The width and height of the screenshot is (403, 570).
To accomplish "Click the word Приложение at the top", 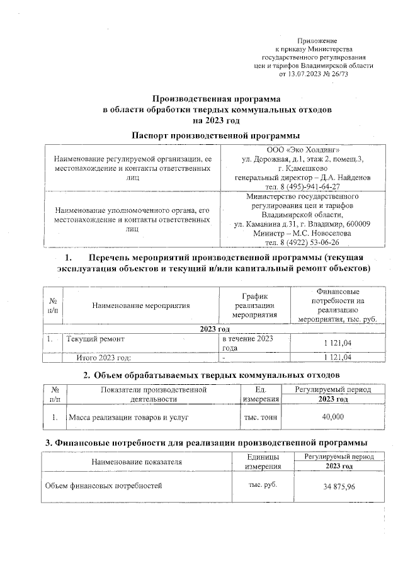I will coord(320,40).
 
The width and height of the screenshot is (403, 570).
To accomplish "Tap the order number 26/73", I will coord(338,73).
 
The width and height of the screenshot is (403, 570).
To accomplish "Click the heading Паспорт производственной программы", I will coord(215,135).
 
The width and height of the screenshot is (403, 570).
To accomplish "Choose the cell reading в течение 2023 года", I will coord(247,344).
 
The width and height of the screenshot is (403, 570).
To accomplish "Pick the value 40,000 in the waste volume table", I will coord(332,417).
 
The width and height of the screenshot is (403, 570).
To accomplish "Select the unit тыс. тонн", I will coord(261,417).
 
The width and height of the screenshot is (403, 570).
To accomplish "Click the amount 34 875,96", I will coord(333,487).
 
